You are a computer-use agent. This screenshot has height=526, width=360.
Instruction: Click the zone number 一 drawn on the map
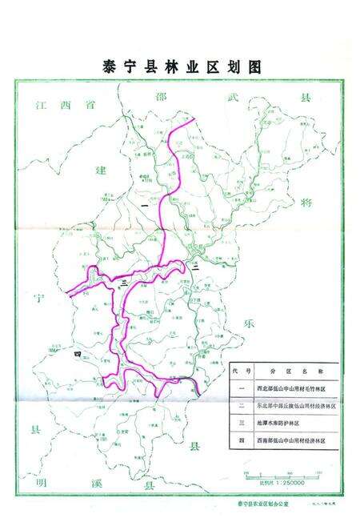(144, 208)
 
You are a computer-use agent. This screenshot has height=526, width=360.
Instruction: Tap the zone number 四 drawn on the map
(78, 353)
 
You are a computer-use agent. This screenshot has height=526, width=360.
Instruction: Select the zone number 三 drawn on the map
(124, 283)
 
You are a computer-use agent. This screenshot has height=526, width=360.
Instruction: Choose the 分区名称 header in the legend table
(295, 372)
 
